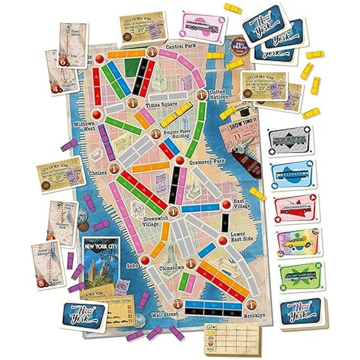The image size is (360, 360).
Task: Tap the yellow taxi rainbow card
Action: tap(299, 243)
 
